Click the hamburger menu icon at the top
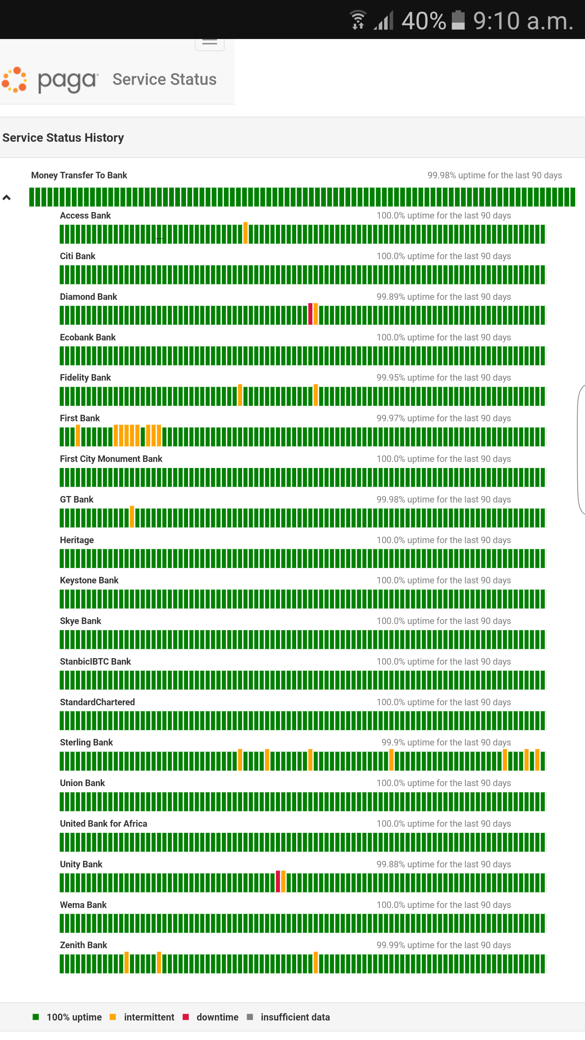210,42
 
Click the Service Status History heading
63,138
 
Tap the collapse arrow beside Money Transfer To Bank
6,198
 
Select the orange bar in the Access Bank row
245,233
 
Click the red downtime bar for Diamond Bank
310,314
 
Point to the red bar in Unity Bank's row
278,882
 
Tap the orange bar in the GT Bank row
132,517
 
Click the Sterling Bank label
86,743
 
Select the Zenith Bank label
83,945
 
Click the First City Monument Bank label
111,459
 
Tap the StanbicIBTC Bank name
95,662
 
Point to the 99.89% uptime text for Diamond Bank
444,297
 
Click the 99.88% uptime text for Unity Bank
444,864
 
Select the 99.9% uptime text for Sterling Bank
446,743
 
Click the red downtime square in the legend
186,1017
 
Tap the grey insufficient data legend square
250,1017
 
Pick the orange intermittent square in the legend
113,1017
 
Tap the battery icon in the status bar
458,20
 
